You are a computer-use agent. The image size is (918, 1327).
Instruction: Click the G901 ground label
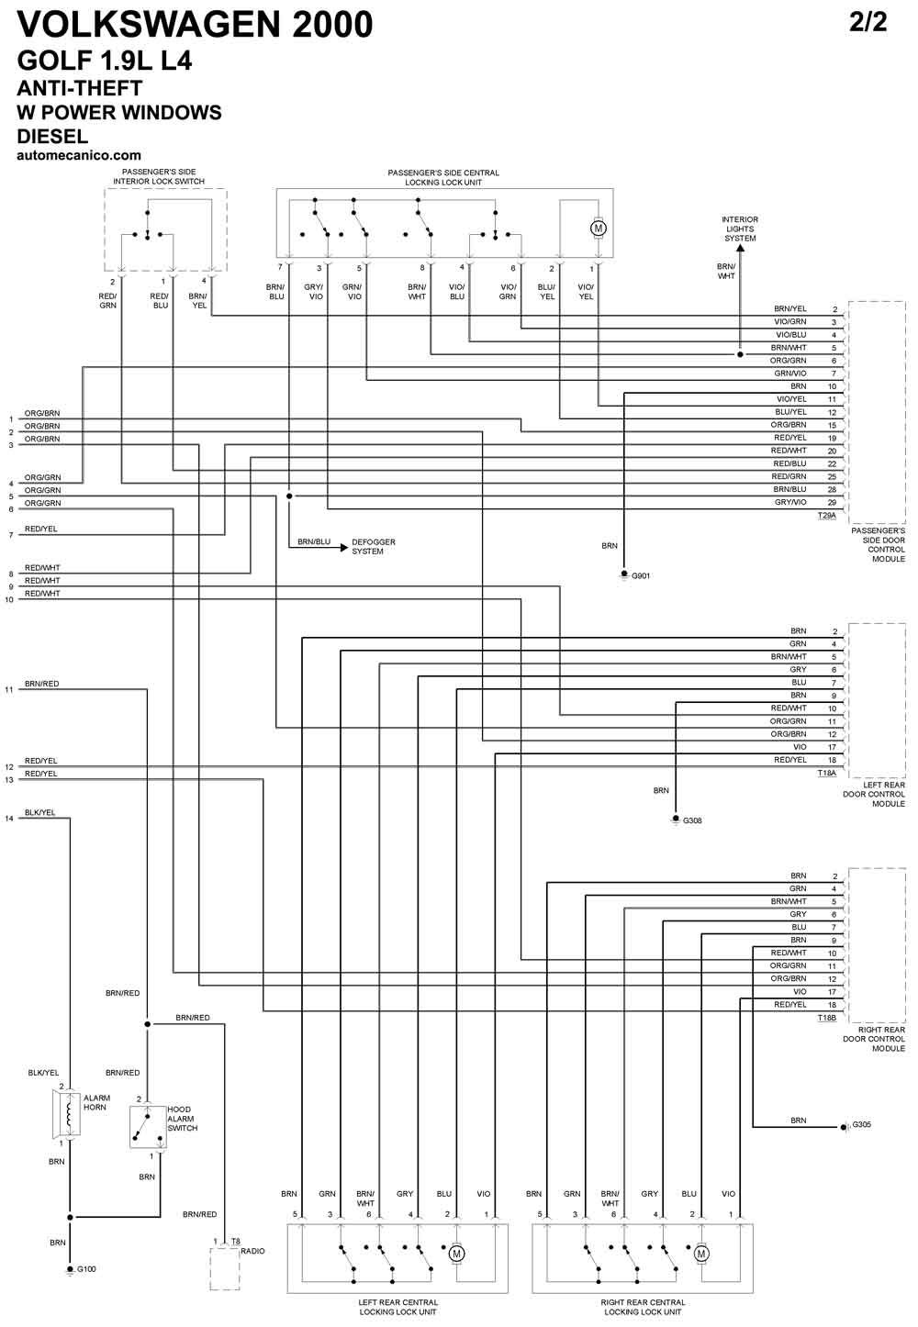tap(641, 575)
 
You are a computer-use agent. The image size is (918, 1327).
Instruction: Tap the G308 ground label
tap(692, 820)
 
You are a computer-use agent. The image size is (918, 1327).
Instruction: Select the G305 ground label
tap(862, 1124)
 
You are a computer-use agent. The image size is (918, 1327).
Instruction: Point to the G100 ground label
tap(86, 1269)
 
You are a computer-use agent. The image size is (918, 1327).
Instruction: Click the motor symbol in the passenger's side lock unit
tap(599, 229)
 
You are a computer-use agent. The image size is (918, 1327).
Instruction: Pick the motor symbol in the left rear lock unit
tap(456, 1254)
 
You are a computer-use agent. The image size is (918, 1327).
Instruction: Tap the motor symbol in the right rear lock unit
tap(701, 1254)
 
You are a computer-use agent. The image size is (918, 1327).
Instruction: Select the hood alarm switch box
tap(148, 1127)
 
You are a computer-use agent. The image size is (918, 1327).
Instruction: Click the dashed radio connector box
tap(225, 1268)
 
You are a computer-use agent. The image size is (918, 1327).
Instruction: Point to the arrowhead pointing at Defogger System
tap(343, 547)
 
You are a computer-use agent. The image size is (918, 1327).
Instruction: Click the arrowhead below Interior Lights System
tap(740, 248)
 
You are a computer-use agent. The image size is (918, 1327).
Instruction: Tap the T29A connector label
tap(827, 516)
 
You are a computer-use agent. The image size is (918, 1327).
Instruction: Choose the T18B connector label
tap(827, 1018)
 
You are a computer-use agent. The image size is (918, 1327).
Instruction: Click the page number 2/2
tap(868, 23)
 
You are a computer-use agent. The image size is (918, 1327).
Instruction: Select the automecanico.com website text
tap(79, 156)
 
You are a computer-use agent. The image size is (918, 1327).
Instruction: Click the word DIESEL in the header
tap(52, 136)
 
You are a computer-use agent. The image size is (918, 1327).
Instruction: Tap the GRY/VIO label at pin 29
tap(790, 502)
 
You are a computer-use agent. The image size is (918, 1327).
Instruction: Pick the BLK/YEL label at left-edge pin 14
tap(39, 812)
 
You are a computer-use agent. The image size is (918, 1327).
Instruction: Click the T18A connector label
tap(827, 773)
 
